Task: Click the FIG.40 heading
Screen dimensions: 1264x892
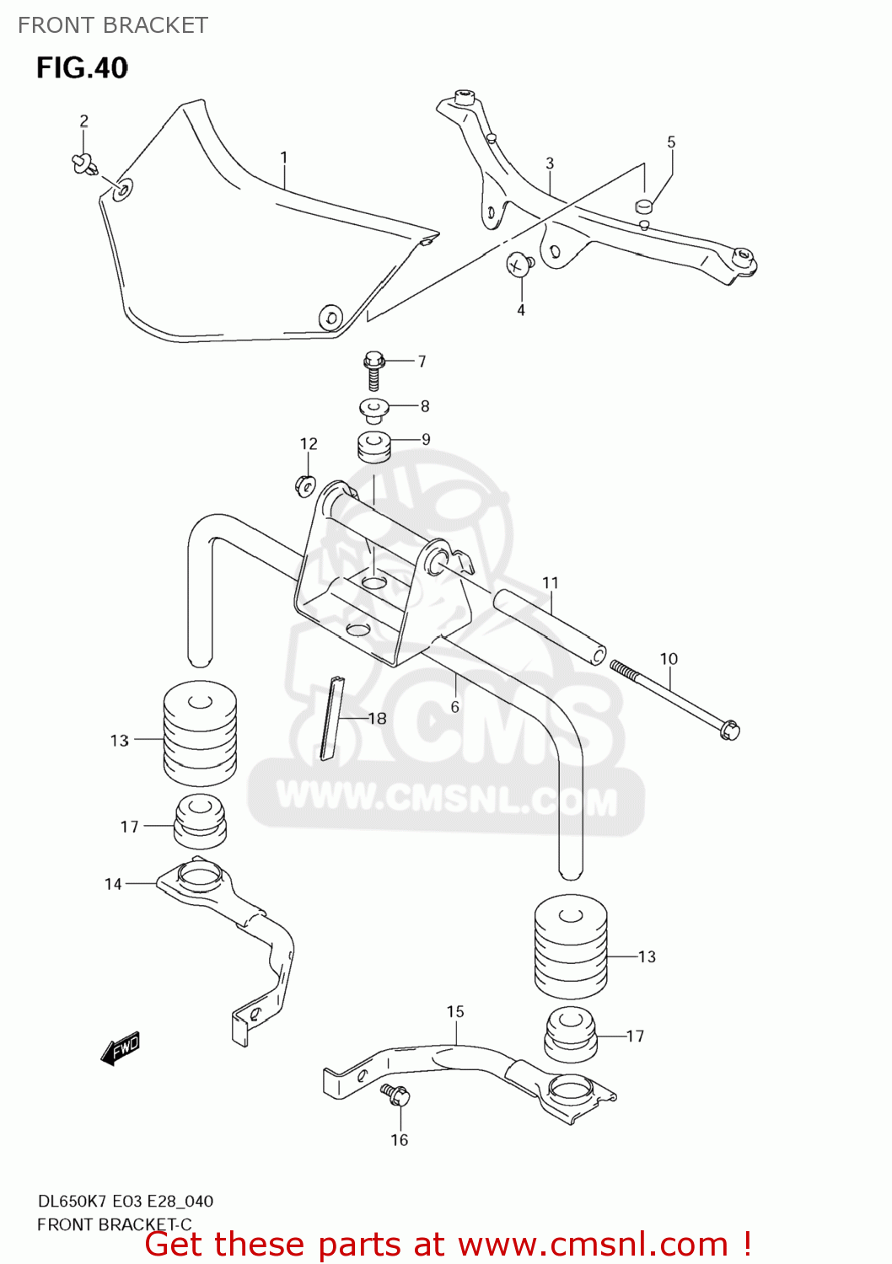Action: [82, 67]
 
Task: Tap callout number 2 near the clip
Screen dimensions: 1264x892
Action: [83, 121]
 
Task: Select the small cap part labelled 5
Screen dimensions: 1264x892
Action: [644, 205]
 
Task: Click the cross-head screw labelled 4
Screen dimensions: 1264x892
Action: [519, 265]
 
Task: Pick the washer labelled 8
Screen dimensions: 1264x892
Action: [373, 410]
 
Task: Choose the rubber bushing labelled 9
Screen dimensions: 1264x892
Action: [373, 446]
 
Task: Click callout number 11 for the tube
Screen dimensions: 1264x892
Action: [551, 582]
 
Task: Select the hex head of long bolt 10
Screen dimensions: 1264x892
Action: [730, 730]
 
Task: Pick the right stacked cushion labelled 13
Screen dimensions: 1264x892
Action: [571, 945]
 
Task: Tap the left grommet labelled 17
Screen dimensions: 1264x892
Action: [200, 821]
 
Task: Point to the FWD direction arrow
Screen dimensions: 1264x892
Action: [120, 1049]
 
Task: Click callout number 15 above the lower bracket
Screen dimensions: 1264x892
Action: [455, 1011]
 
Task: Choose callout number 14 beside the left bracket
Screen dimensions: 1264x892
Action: [113, 884]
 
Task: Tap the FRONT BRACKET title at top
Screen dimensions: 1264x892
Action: [113, 25]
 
